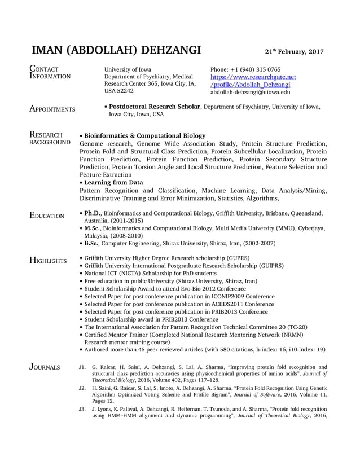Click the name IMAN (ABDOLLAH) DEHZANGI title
117,50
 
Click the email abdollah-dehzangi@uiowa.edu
251,91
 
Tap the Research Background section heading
49,139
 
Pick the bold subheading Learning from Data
114,183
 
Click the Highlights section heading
49,261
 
